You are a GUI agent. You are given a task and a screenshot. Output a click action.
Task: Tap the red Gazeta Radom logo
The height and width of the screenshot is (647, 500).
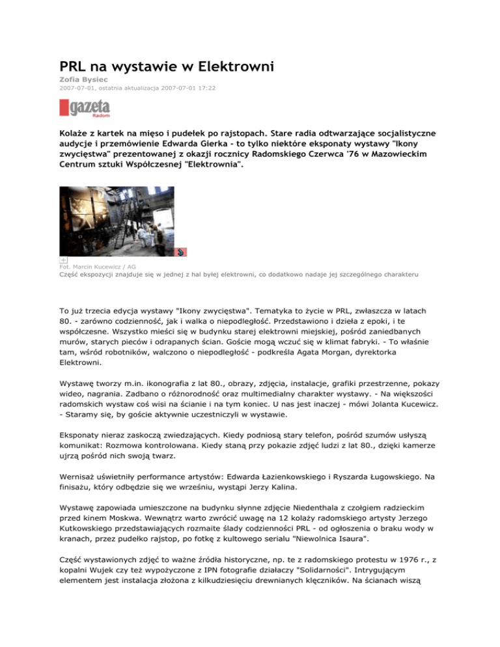(85, 108)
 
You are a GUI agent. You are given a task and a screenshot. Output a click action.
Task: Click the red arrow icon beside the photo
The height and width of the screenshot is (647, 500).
(182, 251)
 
